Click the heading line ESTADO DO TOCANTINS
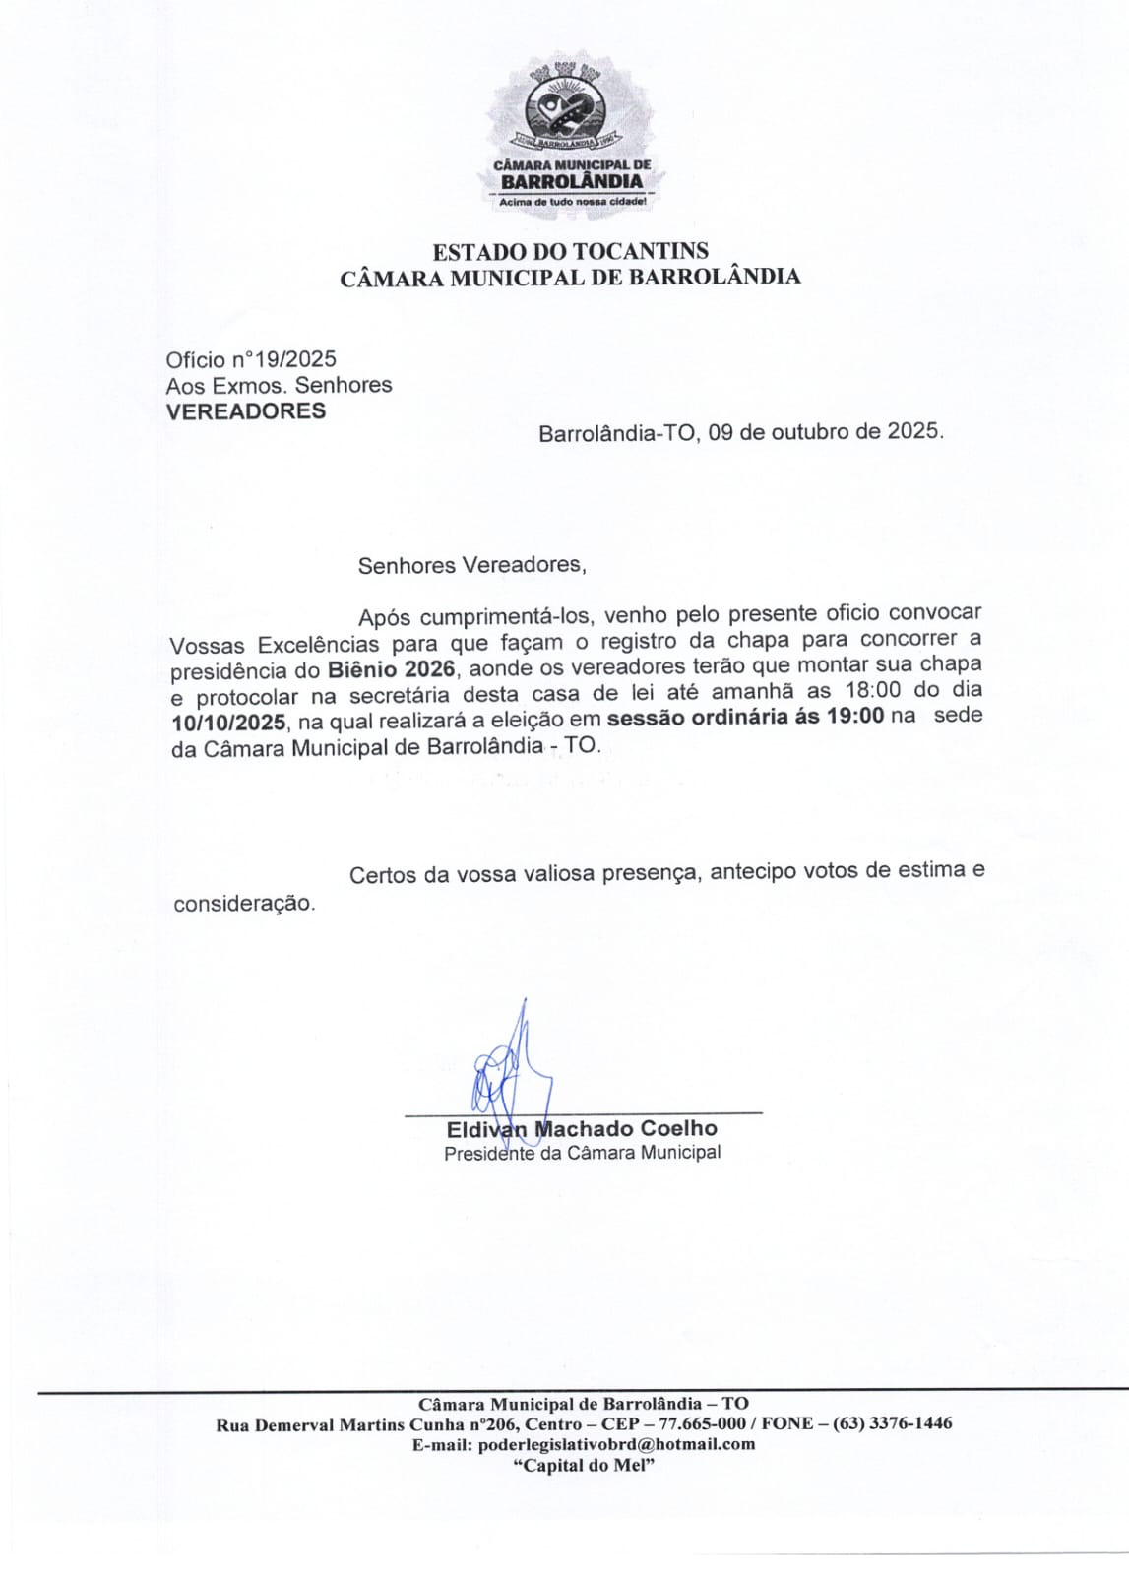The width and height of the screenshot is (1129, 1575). click(x=570, y=251)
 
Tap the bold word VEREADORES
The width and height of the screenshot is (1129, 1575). click(x=245, y=411)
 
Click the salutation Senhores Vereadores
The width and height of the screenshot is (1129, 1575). click(x=471, y=565)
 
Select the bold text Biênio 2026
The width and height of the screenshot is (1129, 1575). click(x=391, y=670)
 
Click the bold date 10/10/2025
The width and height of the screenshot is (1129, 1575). click(x=227, y=724)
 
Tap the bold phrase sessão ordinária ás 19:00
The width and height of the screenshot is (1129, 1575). click(x=745, y=717)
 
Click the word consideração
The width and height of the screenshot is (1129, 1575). click(x=244, y=903)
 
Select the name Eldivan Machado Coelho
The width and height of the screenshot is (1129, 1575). click(x=581, y=1129)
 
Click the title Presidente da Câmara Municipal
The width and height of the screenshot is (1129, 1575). click(x=582, y=1153)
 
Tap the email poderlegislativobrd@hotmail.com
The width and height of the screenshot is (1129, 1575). click(x=616, y=1444)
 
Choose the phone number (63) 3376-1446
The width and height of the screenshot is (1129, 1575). click(x=892, y=1423)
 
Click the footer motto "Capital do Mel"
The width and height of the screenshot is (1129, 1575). click(x=584, y=1465)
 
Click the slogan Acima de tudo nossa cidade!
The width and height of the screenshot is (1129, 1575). click(x=572, y=202)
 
